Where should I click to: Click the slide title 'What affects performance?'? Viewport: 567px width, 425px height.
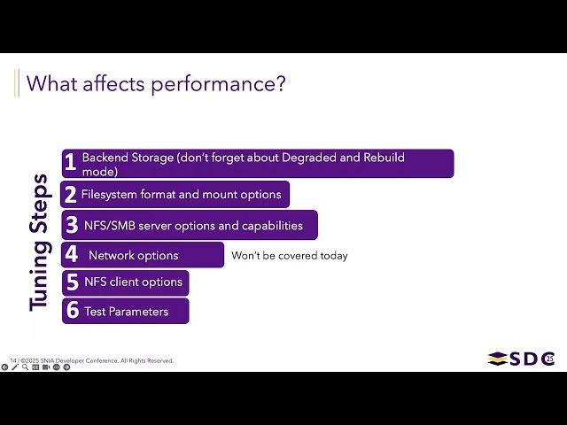tap(156, 84)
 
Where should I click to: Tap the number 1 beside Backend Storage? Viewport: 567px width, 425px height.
tap(70, 163)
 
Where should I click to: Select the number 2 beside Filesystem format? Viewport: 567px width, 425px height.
tap(70, 195)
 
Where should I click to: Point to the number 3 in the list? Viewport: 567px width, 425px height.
tap(72, 226)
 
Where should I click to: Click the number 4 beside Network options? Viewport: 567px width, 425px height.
tap(72, 256)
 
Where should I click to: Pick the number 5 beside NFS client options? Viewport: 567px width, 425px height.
tap(73, 282)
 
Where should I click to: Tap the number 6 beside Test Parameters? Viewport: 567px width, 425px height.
tap(73, 311)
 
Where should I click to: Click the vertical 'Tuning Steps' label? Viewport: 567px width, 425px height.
tap(39, 241)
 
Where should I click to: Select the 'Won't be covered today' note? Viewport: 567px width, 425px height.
tap(290, 256)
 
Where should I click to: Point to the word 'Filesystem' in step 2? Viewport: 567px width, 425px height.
tap(110, 194)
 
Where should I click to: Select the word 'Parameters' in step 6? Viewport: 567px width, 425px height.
tap(138, 312)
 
